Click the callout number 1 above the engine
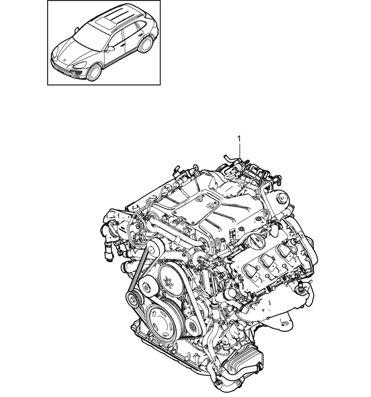pyautogui.click(x=239, y=139)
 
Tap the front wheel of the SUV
pyautogui.click(x=94, y=72)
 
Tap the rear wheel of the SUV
pyautogui.click(x=146, y=45)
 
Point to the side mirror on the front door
pyautogui.click(x=111, y=49)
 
